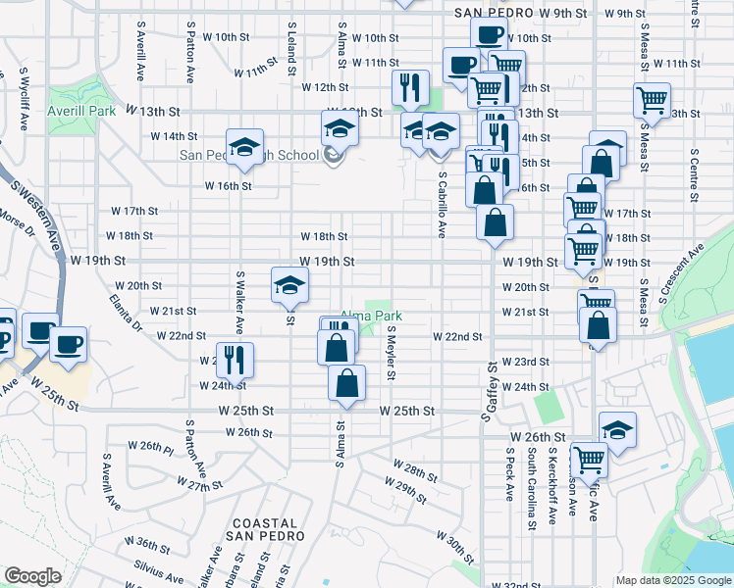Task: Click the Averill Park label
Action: tap(80, 111)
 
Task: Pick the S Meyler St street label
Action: tap(391, 354)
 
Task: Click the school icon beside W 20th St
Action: tap(289, 285)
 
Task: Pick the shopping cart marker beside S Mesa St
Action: tap(653, 100)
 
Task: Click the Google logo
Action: tap(32, 576)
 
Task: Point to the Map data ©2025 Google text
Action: tap(672, 580)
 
